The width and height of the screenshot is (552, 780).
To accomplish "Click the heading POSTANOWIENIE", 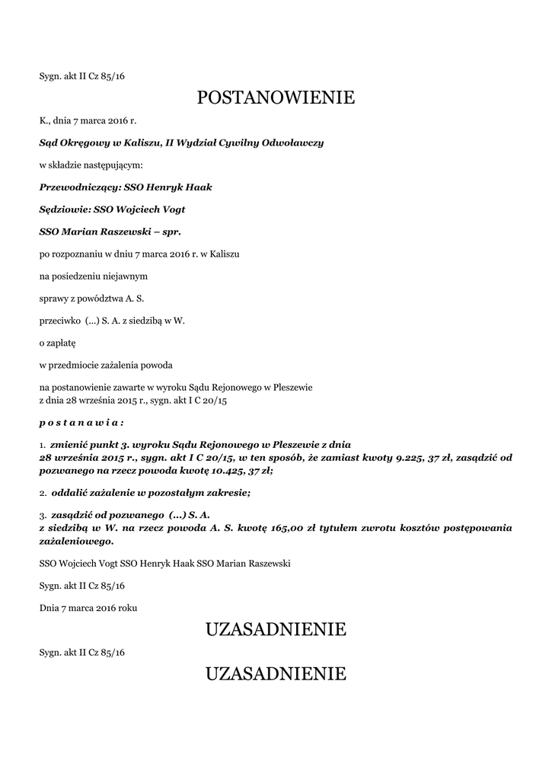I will point(276,98).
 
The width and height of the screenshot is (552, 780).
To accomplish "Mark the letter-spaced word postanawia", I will point(80,420).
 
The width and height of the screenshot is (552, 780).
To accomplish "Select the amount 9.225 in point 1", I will point(416,457).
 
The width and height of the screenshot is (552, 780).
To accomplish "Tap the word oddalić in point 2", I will point(69,493).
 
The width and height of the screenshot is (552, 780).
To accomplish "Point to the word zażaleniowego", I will point(76,542).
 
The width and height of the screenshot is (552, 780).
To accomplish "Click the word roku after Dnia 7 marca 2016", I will point(126,608).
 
